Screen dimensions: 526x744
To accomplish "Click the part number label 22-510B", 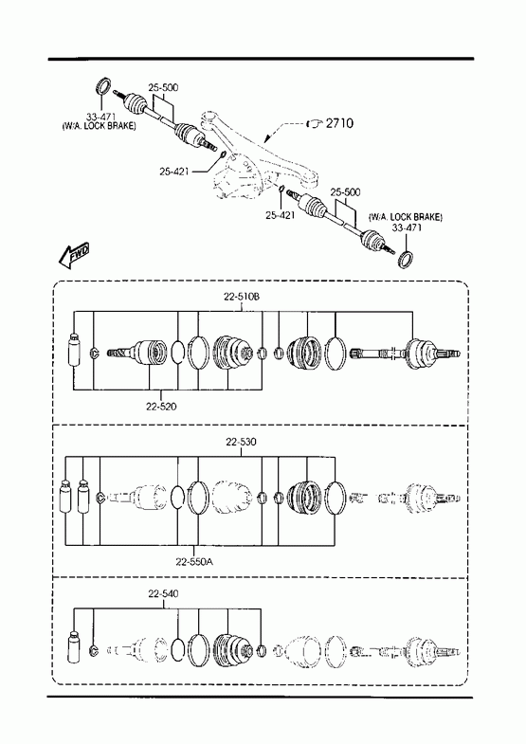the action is tap(242, 297).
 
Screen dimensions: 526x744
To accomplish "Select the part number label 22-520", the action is tap(161, 407).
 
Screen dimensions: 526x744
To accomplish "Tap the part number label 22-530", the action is tap(241, 443).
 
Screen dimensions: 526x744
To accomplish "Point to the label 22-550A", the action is tap(194, 562).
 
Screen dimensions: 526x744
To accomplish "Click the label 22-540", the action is tap(163, 594).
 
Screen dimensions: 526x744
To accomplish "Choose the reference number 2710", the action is tap(339, 123).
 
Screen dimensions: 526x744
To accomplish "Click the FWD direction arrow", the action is tap(74, 255).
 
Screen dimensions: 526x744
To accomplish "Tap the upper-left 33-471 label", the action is tap(100, 117).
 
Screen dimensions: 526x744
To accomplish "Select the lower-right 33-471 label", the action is tap(407, 227).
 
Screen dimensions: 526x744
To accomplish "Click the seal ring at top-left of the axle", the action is tap(103, 85).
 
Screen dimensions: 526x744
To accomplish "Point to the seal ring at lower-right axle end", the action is tap(405, 259).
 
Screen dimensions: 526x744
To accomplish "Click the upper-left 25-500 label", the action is tap(163, 88).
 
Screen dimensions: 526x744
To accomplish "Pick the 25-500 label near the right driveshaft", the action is tap(345, 192).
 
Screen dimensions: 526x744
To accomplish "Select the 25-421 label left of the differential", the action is tap(173, 172).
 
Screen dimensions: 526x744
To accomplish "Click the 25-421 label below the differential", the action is tap(280, 215).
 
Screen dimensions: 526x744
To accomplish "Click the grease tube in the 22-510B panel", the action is tap(74, 350).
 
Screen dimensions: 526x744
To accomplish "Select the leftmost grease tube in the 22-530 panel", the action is tap(65, 497).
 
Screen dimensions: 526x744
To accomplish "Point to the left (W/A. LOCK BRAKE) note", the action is tap(99, 126).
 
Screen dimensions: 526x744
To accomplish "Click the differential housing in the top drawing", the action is tap(241, 175).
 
